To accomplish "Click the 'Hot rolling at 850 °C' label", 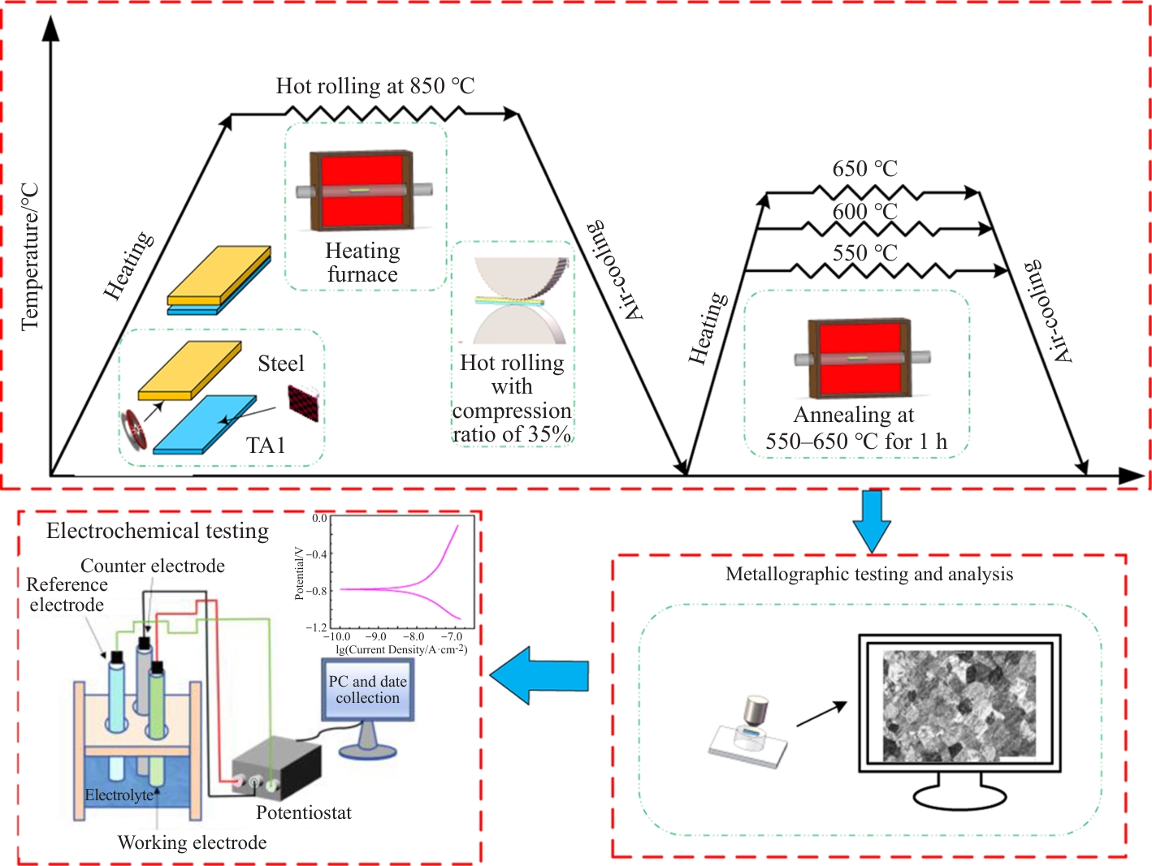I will coord(375,86).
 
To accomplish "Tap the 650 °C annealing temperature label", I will coord(864,169).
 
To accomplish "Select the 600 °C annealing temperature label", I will coord(864,212).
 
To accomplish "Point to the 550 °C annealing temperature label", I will coord(864,253).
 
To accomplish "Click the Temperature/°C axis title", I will coord(30,256).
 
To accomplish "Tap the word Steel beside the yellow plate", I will coord(281,364).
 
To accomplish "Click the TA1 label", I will coord(266,445).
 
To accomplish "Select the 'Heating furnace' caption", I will coord(362,262).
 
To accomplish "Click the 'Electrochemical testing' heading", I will coord(158,531).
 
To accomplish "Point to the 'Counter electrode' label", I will coord(153,566).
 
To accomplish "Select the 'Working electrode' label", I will coord(192,842).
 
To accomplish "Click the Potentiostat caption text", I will coord(304,812).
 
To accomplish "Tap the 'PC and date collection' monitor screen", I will coord(367,691).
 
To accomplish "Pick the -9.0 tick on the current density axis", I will coord(375,637).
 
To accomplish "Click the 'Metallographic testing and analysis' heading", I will coord(869,575).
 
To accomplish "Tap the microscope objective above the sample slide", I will coord(756,712).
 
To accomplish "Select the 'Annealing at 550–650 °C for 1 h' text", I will coord(855,428).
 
